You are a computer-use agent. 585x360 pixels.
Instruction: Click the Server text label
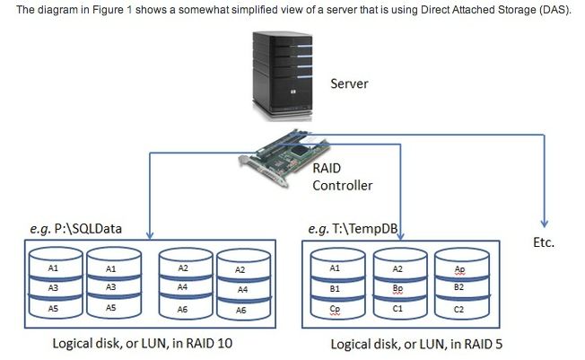(350, 84)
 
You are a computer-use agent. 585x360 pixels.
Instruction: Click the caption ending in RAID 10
(144, 343)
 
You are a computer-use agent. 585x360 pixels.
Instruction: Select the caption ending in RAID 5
(422, 343)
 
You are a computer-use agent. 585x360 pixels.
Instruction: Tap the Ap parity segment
(459, 268)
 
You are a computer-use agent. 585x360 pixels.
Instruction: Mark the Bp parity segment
(398, 288)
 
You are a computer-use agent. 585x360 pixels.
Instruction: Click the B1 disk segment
(335, 288)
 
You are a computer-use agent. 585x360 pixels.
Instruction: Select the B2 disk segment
(459, 288)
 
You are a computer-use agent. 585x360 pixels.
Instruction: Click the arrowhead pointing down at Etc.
(545, 225)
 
